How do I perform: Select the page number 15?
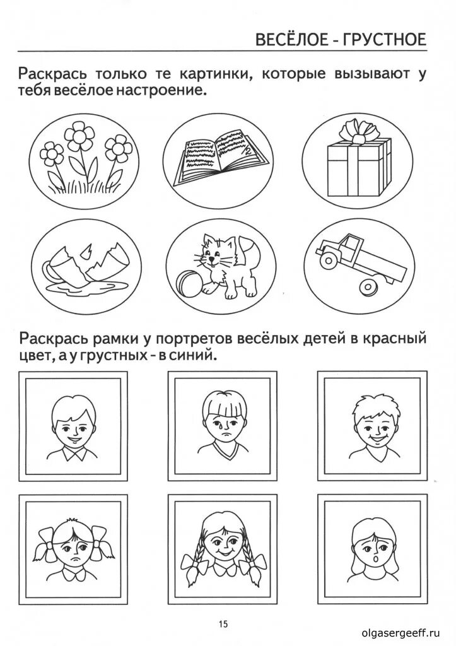pyautogui.click(x=223, y=624)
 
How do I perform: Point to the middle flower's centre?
pyautogui.click(x=81, y=136)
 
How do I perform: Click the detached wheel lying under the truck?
pyautogui.click(x=368, y=287)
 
